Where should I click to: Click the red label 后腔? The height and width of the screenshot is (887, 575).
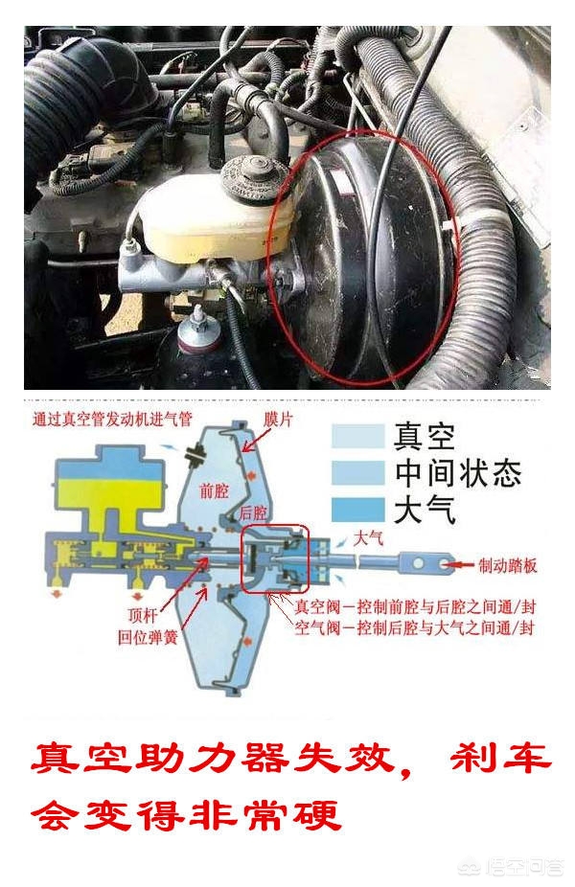pos(253,512)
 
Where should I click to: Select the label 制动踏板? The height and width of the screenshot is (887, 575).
pos(507,565)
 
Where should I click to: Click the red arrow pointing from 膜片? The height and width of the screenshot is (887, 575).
pos(253,438)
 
